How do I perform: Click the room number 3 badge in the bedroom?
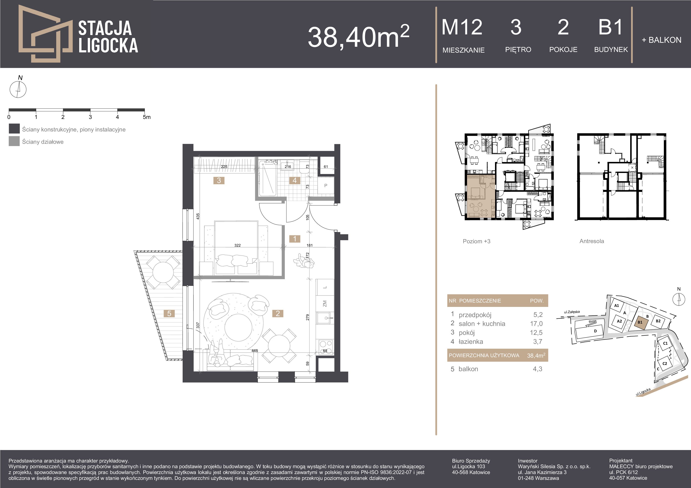[219, 180]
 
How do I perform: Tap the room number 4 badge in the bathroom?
[295, 180]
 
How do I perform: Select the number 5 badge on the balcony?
[169, 313]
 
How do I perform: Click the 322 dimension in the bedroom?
[237, 245]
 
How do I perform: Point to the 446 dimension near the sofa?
[255, 351]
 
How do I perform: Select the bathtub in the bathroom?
[267, 178]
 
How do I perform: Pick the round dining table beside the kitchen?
[279, 345]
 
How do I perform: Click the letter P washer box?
[326, 186]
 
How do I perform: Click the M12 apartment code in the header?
[462, 27]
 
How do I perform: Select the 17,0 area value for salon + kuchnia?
[536, 324]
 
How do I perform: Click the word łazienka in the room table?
[471, 342]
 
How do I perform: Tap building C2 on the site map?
[665, 363]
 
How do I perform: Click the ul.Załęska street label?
[572, 312]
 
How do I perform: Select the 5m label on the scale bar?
[146, 117]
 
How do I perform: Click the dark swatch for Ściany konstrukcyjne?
[14, 129]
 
